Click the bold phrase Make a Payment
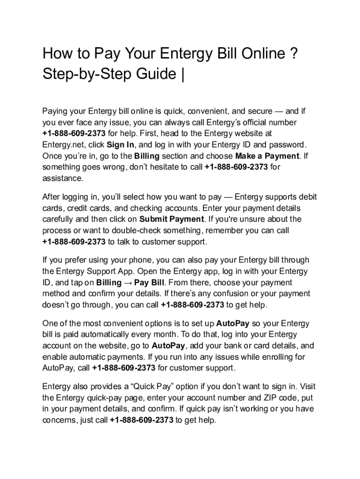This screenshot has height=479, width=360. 267,156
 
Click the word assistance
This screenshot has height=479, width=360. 63,178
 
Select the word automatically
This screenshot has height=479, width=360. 108,334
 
